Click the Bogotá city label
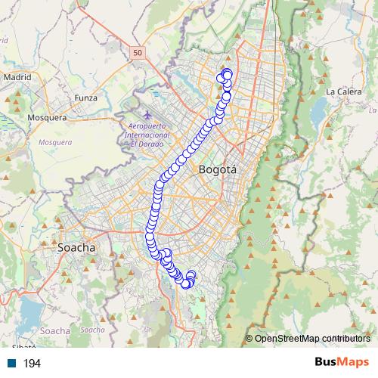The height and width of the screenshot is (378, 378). pyautogui.click(x=217, y=170)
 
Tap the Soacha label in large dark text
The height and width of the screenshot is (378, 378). pyautogui.click(x=76, y=247)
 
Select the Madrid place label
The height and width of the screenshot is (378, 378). pyautogui.click(x=17, y=77)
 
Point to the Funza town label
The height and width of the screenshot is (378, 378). pyautogui.click(x=86, y=98)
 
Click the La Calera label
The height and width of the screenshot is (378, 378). pyautogui.click(x=340, y=91)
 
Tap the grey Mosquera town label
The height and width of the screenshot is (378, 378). pyautogui.click(x=47, y=118)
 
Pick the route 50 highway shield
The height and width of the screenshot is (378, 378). pyautogui.click(x=136, y=52)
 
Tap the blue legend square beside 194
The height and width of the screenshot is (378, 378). pyautogui.click(x=11, y=364)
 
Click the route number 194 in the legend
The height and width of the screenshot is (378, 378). pyautogui.click(x=32, y=364)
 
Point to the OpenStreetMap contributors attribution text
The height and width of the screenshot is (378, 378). pyautogui.click(x=312, y=339)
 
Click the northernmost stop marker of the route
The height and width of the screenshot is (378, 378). pyautogui.click(x=226, y=73)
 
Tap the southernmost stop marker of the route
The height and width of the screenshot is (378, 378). pyautogui.click(x=186, y=284)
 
